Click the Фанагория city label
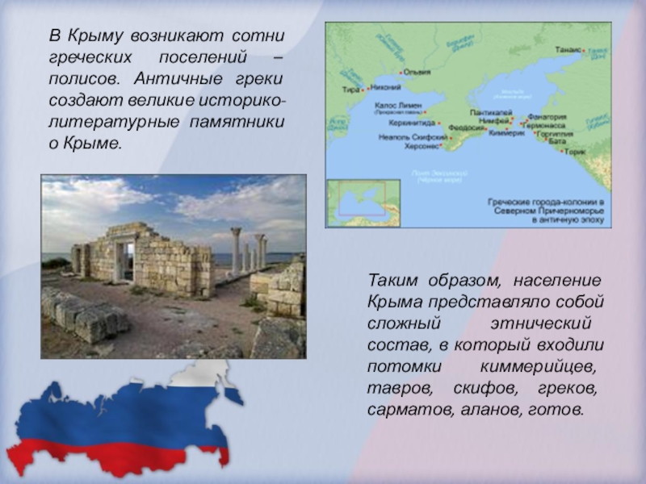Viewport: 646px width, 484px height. tap(546, 116)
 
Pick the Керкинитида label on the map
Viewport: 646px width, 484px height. tap(413, 123)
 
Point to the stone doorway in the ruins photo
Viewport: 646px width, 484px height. tap(122, 260)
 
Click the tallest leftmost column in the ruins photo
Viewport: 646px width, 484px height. tap(236, 250)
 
